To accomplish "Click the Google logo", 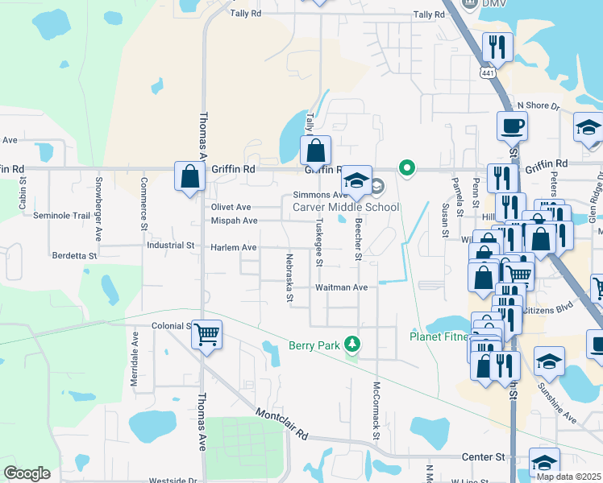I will pos(26,473).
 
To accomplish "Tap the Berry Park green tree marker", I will pos(351,345).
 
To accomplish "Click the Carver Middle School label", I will pos(345,207).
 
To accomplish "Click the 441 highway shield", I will pos(486,72).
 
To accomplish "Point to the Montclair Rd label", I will pos(282,424).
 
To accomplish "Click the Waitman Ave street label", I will pos(342,287).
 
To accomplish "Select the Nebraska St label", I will pos(289,279).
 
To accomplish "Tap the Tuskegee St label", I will pos(319,241).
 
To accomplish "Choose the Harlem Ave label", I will pos(234,247).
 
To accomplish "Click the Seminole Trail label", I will pos(62,216).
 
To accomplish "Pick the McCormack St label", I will pos(376,411).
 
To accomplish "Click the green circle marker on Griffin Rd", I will pos(408,167).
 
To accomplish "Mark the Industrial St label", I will pos(170,245).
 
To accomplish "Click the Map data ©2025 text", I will pos(568,477).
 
